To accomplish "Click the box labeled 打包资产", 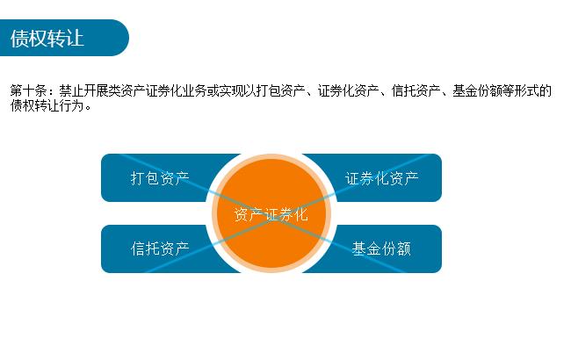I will pyautogui.click(x=159, y=178).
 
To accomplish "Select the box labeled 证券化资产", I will pyautogui.click(x=382, y=178).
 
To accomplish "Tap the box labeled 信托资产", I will pyautogui.click(x=159, y=248).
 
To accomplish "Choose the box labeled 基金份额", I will pyautogui.click(x=382, y=248).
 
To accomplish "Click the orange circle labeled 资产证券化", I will pyautogui.click(x=271, y=213).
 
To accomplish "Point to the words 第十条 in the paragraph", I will pyautogui.click(x=27, y=91).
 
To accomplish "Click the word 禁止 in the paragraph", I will pyautogui.click(x=71, y=91).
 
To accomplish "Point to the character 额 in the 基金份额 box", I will pyautogui.click(x=403, y=248).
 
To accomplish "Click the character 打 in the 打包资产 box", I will pyautogui.click(x=138, y=178).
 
